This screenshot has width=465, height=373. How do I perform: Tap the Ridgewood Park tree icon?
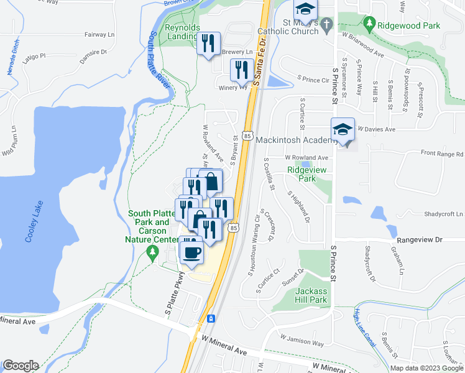tap(370, 25)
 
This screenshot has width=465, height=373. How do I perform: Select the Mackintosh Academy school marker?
tap(343, 130)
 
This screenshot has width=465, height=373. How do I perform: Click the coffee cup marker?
tap(192, 252)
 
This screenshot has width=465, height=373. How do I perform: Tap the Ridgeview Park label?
tap(302, 173)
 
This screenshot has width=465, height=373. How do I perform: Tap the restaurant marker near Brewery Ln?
tap(209, 44)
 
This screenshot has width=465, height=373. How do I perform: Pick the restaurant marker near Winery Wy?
tap(242, 70)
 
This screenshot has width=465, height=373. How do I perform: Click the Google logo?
tap(21, 366)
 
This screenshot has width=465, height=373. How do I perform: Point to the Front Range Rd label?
tap(442, 154)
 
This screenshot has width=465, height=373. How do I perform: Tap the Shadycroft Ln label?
tap(444, 214)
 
